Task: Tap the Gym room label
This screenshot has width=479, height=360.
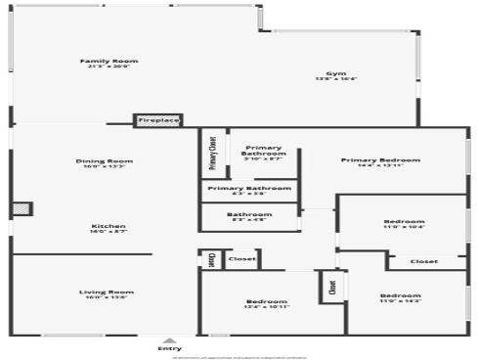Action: point(335,73)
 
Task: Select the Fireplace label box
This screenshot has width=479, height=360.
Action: point(158,120)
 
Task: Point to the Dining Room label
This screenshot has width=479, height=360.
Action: point(105,160)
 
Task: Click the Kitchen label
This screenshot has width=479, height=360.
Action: point(109,226)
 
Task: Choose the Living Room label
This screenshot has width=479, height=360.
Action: point(108,292)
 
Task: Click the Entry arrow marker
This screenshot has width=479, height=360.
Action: point(169,339)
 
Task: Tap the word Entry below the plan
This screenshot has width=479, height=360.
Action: point(169,348)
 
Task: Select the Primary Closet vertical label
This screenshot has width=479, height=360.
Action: point(213,153)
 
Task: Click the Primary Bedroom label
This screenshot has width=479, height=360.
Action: point(380,159)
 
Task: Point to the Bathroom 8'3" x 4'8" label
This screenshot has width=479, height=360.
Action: point(249,214)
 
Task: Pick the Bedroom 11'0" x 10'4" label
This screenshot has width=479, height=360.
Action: point(404,222)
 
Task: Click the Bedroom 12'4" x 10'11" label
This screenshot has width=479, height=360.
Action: point(266,301)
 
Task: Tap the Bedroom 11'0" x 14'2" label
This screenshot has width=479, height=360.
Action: point(401,295)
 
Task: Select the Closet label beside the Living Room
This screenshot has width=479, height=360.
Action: point(241,259)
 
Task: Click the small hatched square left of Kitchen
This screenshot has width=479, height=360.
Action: point(22,209)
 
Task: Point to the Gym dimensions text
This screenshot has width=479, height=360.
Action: point(335,79)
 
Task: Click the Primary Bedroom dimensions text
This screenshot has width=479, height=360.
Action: point(380,165)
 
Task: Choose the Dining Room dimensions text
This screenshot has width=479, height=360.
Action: point(105,166)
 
